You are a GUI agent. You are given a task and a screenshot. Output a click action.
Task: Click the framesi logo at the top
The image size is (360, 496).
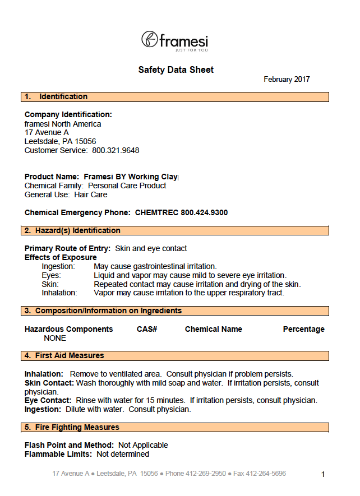point(174,40)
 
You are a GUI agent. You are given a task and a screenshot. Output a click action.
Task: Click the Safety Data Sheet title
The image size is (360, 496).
point(176,70)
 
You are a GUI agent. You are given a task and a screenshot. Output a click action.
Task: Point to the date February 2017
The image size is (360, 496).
point(287,80)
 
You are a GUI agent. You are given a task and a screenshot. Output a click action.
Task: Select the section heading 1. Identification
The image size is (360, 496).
point(56,97)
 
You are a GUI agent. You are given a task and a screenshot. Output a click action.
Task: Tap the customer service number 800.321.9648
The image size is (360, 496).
point(116,150)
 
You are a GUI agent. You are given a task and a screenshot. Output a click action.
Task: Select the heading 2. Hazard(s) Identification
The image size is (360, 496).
point(73,230)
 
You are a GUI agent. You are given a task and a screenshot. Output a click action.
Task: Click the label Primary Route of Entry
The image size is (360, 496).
point(67,248)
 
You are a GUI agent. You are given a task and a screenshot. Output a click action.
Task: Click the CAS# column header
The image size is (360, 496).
point(147,329)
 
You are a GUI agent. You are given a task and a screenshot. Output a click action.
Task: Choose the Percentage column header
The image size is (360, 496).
point(303,329)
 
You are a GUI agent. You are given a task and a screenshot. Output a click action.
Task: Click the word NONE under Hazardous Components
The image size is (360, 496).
point(55,338)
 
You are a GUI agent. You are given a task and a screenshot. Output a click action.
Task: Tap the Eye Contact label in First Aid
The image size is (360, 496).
point(48,400)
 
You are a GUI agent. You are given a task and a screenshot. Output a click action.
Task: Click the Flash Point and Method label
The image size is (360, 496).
point(69,445)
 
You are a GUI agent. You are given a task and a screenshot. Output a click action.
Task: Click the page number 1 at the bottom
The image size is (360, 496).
point(323,475)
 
